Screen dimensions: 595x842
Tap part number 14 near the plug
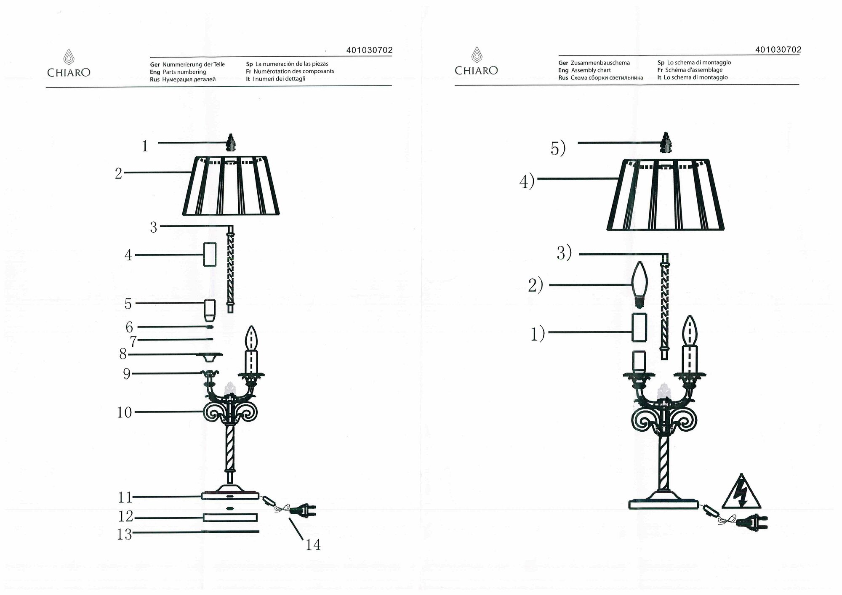pos(313,545)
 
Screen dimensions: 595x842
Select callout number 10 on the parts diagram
pos(125,412)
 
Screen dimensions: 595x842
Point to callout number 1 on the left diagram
pos(145,146)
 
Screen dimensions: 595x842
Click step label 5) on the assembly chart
pos(558,149)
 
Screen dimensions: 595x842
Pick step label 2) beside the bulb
pos(536,286)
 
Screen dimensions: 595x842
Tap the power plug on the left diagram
pos(304,511)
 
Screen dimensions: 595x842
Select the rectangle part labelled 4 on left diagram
pos(210,254)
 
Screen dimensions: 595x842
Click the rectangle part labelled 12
pos(230,518)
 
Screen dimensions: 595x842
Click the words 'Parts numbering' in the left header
pos(184,72)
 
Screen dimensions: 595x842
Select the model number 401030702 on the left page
pos(369,50)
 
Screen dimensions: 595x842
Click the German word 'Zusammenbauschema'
pos(600,63)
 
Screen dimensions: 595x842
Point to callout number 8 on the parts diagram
pos(123,354)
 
